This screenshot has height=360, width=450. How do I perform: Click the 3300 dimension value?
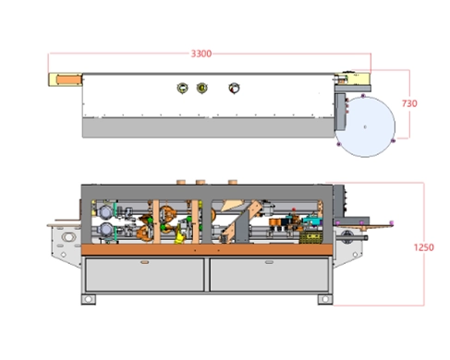(x=201, y=54)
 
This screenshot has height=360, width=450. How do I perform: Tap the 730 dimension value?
(x=409, y=103)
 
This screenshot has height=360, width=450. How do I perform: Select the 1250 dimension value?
(x=423, y=247)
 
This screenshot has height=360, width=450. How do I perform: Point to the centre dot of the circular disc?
(x=365, y=126)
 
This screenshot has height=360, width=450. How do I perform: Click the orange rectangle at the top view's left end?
(x=68, y=79)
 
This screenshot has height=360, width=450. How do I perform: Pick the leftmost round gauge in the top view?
(x=182, y=88)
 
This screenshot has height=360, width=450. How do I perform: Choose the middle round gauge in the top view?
(x=202, y=88)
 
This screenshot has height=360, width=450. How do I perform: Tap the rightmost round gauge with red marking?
(x=234, y=89)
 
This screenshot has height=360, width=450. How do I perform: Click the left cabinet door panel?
(x=145, y=275)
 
